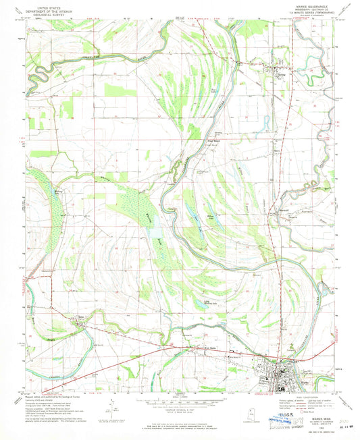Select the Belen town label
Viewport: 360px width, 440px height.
[82, 317]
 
